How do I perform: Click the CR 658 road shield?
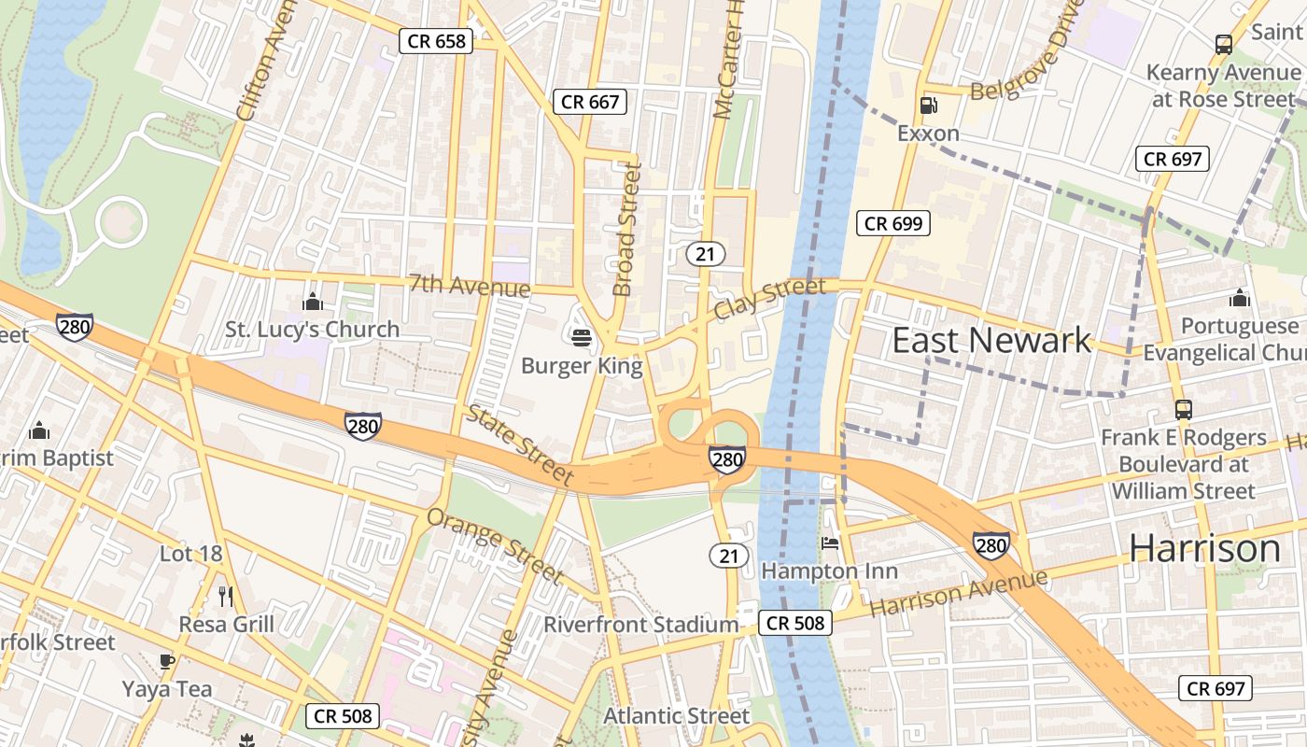(437, 41)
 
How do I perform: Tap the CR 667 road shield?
(590, 102)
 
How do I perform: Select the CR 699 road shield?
(893, 223)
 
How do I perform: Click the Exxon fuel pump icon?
(928, 106)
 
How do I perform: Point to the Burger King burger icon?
(582, 337)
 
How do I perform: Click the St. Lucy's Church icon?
(313, 302)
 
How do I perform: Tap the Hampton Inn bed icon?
(830, 543)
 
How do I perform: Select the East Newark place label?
(991, 341)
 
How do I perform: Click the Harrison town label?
(1204, 548)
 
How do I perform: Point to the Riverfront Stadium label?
(640, 625)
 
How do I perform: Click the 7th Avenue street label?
(469, 285)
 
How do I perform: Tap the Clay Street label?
(769, 299)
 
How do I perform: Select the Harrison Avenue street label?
(959, 592)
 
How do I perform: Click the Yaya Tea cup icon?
(167, 662)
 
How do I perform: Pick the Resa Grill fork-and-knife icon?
(225, 596)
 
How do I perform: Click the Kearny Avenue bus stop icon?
(1223, 44)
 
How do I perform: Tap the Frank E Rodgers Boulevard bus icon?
(1183, 409)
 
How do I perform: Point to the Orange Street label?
(495, 544)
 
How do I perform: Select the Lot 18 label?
(190, 554)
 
